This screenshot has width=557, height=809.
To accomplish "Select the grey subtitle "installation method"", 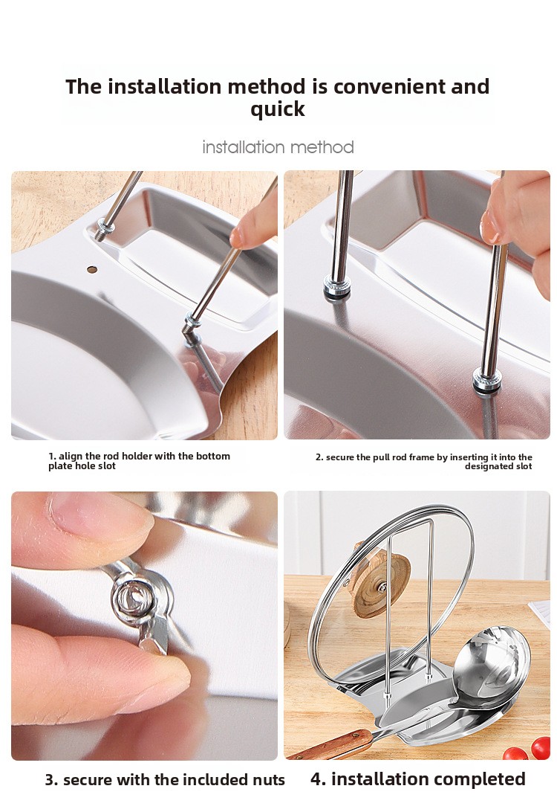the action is (278, 147).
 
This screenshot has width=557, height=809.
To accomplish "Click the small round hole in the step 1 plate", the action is (92, 269).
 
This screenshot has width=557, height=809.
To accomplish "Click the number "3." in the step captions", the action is (51, 779).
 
